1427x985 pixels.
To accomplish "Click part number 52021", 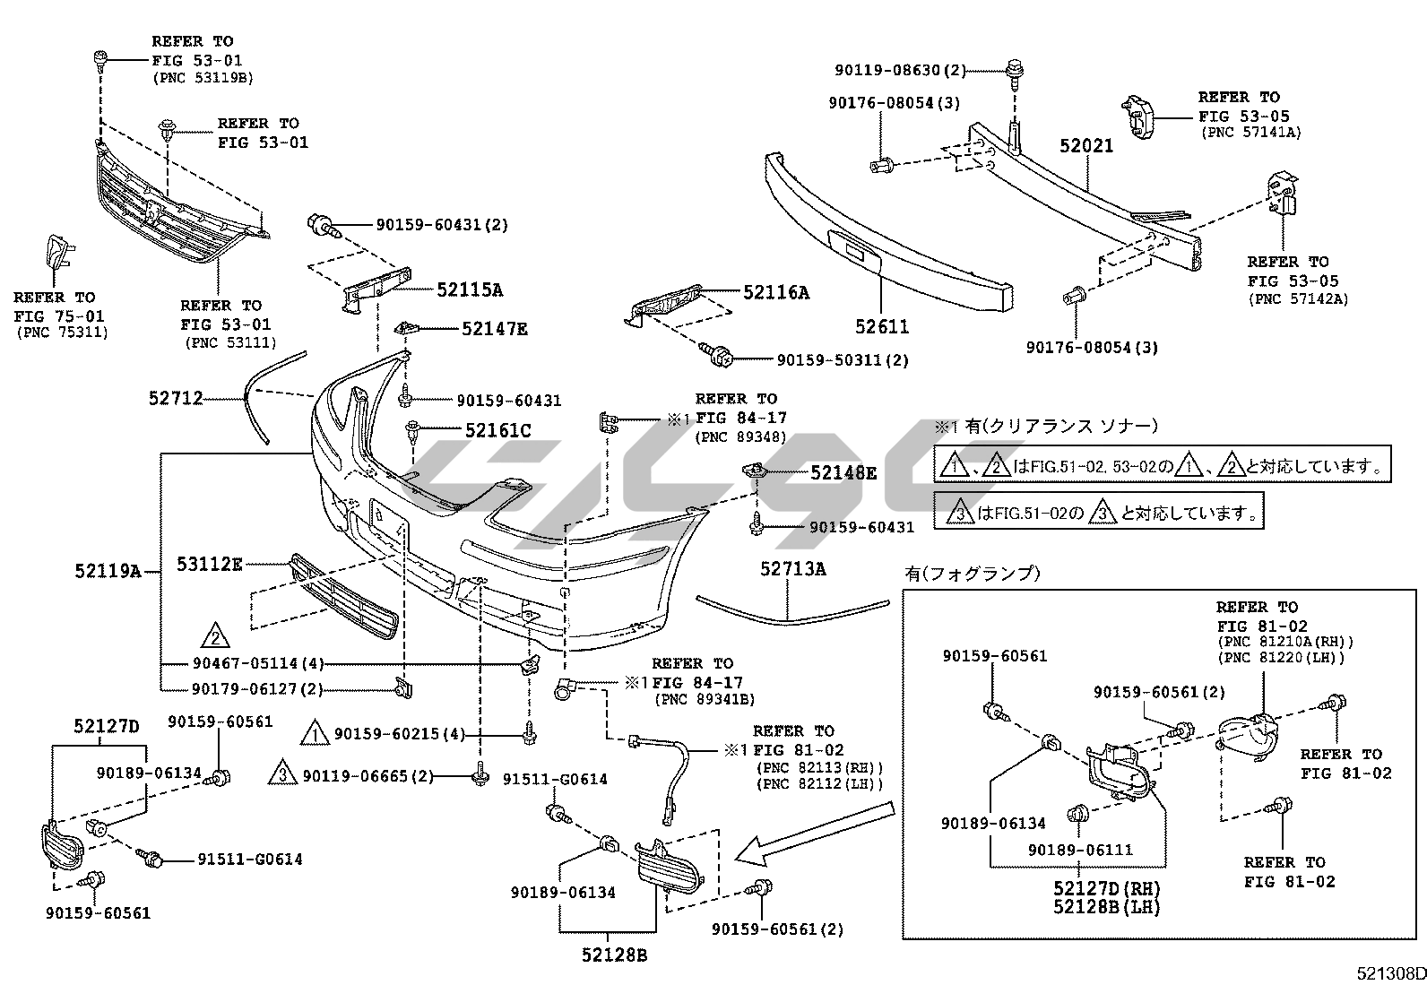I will [x=1086, y=145].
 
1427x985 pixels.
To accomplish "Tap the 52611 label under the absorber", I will [x=882, y=327].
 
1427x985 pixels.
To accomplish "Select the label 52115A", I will [x=470, y=289].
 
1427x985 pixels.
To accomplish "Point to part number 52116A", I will [x=776, y=291].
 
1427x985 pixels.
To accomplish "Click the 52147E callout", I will [x=494, y=329].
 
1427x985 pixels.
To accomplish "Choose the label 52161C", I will [x=497, y=431].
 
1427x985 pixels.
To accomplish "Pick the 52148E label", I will [x=843, y=472].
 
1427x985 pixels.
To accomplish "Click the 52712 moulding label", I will [x=176, y=397].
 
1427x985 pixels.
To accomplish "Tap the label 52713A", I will [x=793, y=568].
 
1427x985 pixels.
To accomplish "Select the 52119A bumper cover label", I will [x=108, y=570].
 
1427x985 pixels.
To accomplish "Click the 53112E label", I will [x=209, y=564].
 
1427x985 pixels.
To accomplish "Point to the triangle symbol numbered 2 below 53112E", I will [x=215, y=636].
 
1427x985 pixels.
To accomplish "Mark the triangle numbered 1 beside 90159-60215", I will [x=315, y=734].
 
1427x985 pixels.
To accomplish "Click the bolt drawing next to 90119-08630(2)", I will [x=1015, y=73].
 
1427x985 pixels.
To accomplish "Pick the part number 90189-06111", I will [x=1080, y=849].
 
